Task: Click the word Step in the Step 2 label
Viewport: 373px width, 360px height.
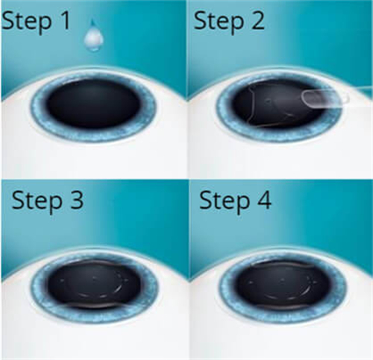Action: (x=218, y=22)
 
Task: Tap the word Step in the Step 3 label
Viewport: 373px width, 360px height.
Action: (x=37, y=202)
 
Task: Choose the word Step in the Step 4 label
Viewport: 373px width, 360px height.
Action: (x=224, y=202)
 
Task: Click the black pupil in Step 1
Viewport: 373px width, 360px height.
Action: (x=93, y=104)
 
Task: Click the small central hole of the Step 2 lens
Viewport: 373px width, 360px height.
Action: (x=269, y=101)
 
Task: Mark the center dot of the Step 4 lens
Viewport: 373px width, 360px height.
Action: (x=283, y=280)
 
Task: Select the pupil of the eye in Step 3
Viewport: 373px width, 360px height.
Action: (x=94, y=283)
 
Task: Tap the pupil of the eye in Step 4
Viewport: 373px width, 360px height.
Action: (x=283, y=284)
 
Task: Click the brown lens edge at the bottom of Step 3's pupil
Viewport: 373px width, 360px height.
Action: (x=95, y=306)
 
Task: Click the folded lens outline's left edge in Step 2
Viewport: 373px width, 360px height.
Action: (x=251, y=104)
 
